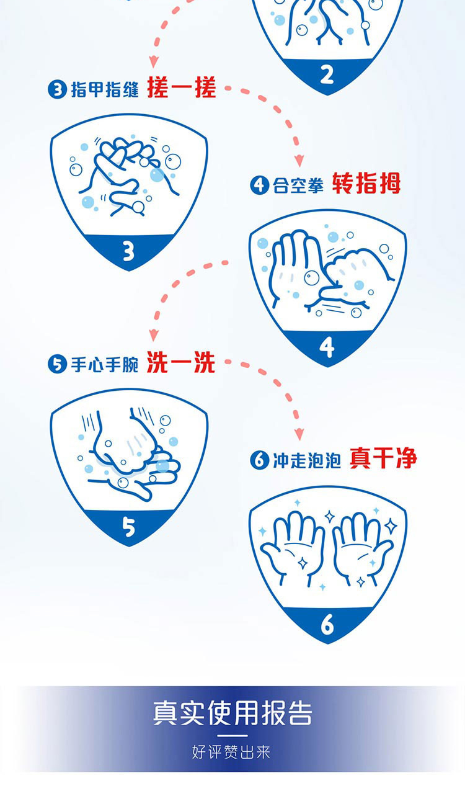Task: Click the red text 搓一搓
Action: pos(181,87)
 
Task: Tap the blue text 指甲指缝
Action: pos(105,89)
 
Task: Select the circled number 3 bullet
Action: pos(57,89)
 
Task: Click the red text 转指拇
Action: pos(366,183)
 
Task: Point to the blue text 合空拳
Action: pos(298,185)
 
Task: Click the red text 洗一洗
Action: pos(181,362)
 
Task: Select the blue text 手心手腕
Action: pos(105,364)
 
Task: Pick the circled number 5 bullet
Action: pos(57,364)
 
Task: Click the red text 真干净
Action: pos(383,458)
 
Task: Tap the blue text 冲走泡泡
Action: pos(307,460)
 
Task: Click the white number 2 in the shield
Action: pos(327,74)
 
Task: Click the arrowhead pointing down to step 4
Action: pos(299,160)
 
